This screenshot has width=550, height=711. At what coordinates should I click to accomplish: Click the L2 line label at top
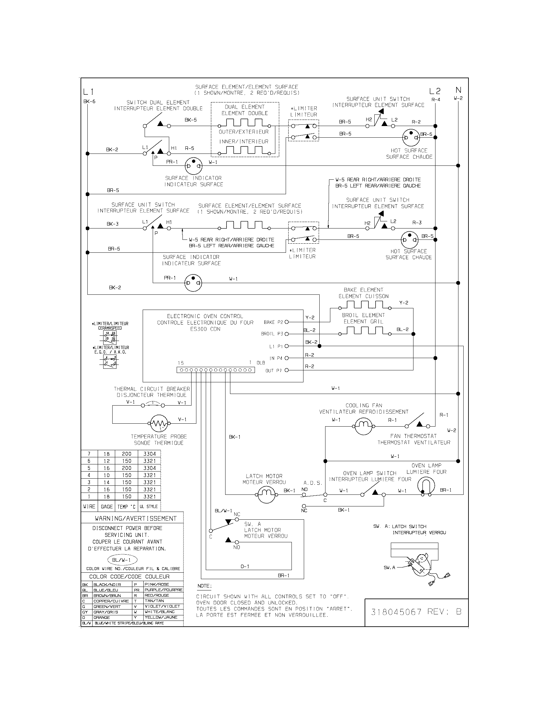(434, 91)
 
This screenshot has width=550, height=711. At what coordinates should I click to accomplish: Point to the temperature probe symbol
(158, 424)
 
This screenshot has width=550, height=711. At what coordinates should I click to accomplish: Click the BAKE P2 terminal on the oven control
(287, 322)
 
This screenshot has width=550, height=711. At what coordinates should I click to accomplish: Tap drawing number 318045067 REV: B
(416, 612)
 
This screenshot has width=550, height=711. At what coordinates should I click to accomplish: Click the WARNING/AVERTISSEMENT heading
(136, 518)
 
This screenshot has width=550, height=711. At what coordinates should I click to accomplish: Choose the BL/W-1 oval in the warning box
(122, 560)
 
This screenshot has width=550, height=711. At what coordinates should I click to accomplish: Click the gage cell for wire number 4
(106, 475)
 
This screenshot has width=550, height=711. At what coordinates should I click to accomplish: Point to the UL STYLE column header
(148, 506)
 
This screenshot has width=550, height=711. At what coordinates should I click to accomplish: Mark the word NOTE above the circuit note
(204, 586)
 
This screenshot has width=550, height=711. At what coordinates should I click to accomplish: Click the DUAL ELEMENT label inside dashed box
(244, 107)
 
